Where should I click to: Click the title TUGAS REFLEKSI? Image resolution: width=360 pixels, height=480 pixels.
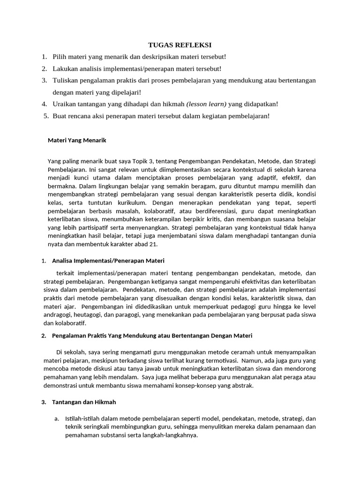click(180, 45)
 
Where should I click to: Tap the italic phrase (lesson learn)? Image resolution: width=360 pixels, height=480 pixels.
click(206, 104)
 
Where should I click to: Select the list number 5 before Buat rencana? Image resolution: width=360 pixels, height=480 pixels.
click(46, 116)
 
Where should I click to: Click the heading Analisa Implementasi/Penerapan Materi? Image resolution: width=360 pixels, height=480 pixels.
click(108, 260)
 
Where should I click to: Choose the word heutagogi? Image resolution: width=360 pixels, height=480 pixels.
click(93, 315)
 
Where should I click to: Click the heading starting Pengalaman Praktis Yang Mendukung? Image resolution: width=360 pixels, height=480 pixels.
click(152, 336)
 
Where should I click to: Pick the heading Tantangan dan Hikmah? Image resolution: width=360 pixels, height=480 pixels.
click(84, 402)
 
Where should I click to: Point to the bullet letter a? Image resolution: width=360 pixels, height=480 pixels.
click(57, 418)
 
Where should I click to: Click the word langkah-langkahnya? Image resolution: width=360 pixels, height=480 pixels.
click(171, 435)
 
